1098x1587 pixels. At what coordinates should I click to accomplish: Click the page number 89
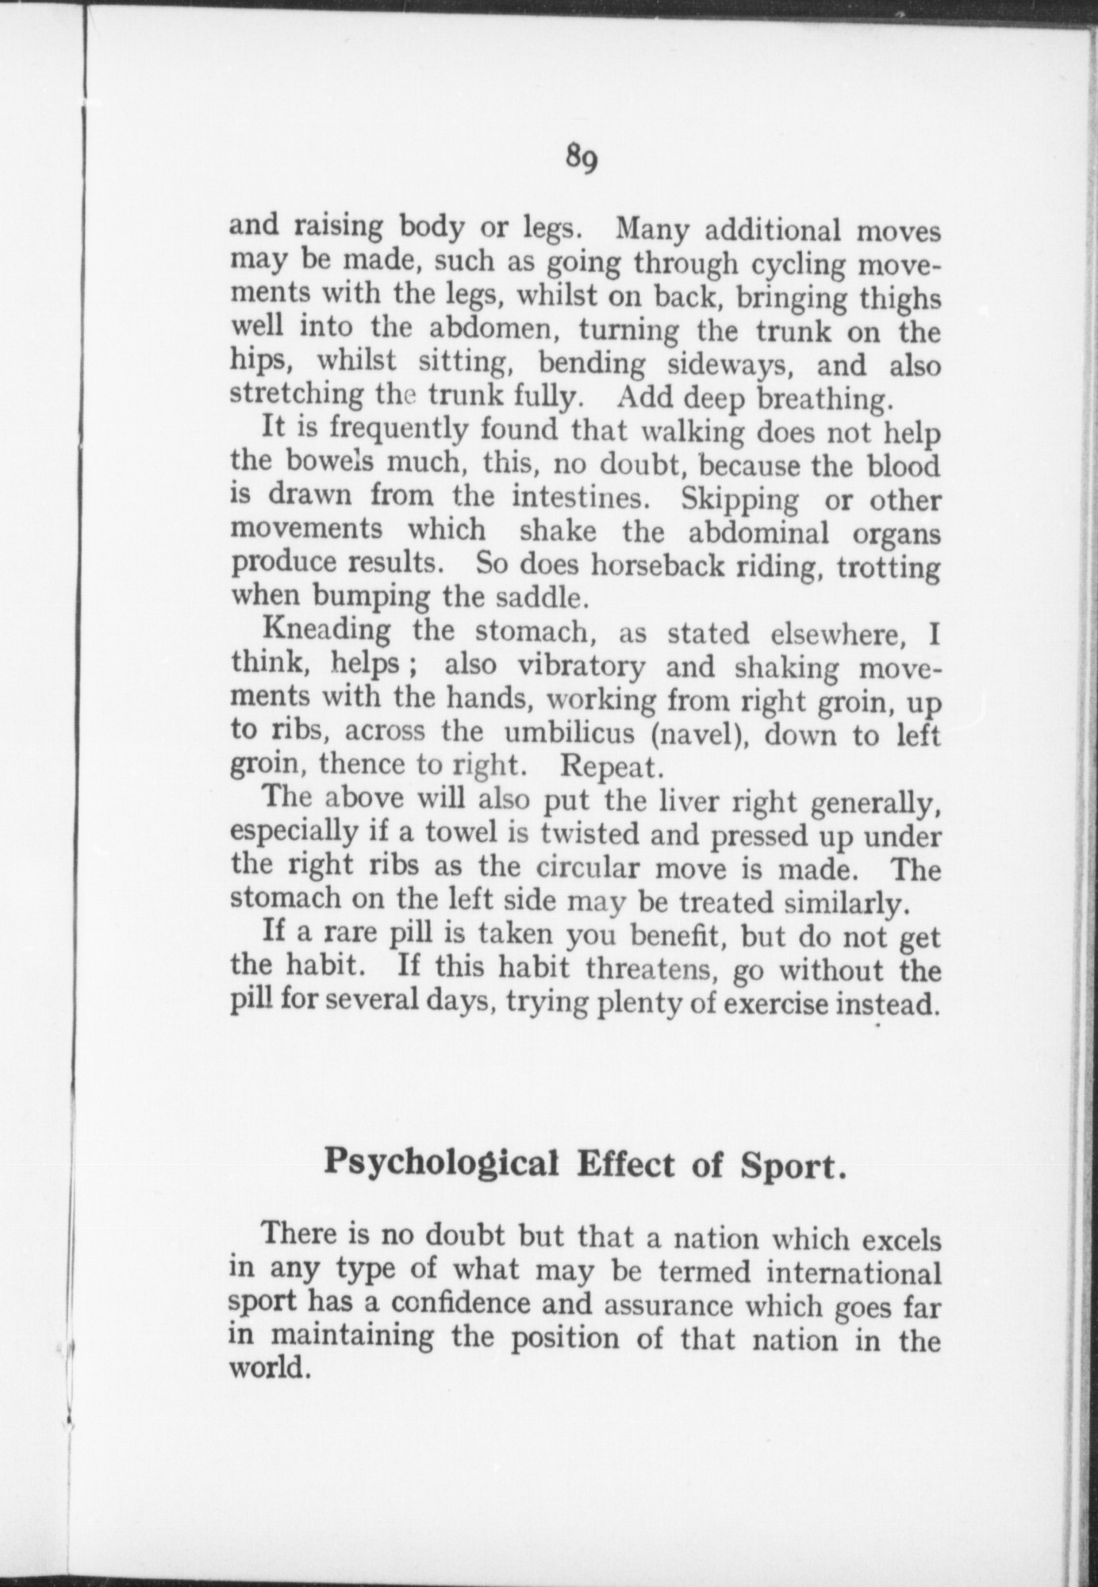click(581, 159)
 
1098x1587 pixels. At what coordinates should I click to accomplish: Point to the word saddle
click(542, 596)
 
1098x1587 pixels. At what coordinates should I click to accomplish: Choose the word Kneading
click(326, 632)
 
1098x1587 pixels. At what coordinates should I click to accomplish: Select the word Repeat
click(610, 767)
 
